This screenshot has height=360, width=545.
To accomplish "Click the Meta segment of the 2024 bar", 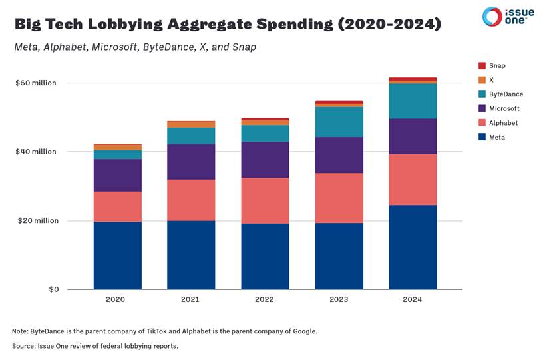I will click(x=413, y=247).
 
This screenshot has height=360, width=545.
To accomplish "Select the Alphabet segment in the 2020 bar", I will click(x=117, y=206).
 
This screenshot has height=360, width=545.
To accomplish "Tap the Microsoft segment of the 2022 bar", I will click(x=265, y=160).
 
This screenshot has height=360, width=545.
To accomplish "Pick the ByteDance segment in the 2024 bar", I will click(x=413, y=101).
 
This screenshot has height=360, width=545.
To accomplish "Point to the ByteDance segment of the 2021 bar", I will click(x=191, y=136).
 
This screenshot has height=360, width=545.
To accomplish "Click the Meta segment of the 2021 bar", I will click(x=191, y=255).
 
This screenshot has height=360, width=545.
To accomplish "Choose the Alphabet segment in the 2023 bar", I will click(x=339, y=198).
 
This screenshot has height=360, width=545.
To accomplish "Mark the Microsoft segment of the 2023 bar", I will click(x=339, y=155).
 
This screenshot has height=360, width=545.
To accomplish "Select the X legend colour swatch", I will click(x=482, y=80).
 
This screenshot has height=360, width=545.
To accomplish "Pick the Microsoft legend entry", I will click(x=504, y=108).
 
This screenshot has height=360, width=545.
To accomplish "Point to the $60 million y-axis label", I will click(x=36, y=83).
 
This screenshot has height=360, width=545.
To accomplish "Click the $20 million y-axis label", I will click(x=36, y=220).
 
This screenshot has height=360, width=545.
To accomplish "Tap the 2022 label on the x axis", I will click(x=265, y=299).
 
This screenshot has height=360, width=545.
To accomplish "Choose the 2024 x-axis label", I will click(x=413, y=299).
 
